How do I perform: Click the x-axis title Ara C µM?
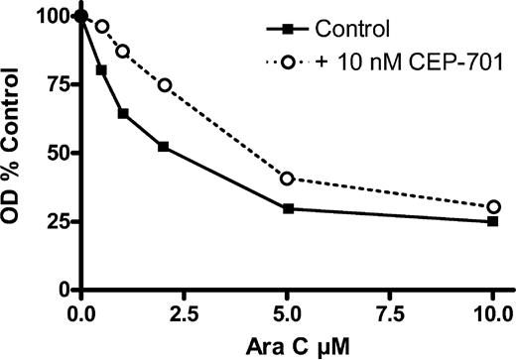pyautogui.click(x=286, y=345)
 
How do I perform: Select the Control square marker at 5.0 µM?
pyautogui.click(x=288, y=208)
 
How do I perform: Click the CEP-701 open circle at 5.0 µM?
pyautogui.click(x=288, y=179)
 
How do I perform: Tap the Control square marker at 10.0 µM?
pyautogui.click(x=493, y=221)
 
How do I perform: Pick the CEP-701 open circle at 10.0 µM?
pyautogui.click(x=493, y=207)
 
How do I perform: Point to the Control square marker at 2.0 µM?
pyautogui.click(x=164, y=147)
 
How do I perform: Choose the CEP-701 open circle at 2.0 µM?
pyautogui.click(x=164, y=85)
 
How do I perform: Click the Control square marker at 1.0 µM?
pyautogui.click(x=123, y=114)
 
